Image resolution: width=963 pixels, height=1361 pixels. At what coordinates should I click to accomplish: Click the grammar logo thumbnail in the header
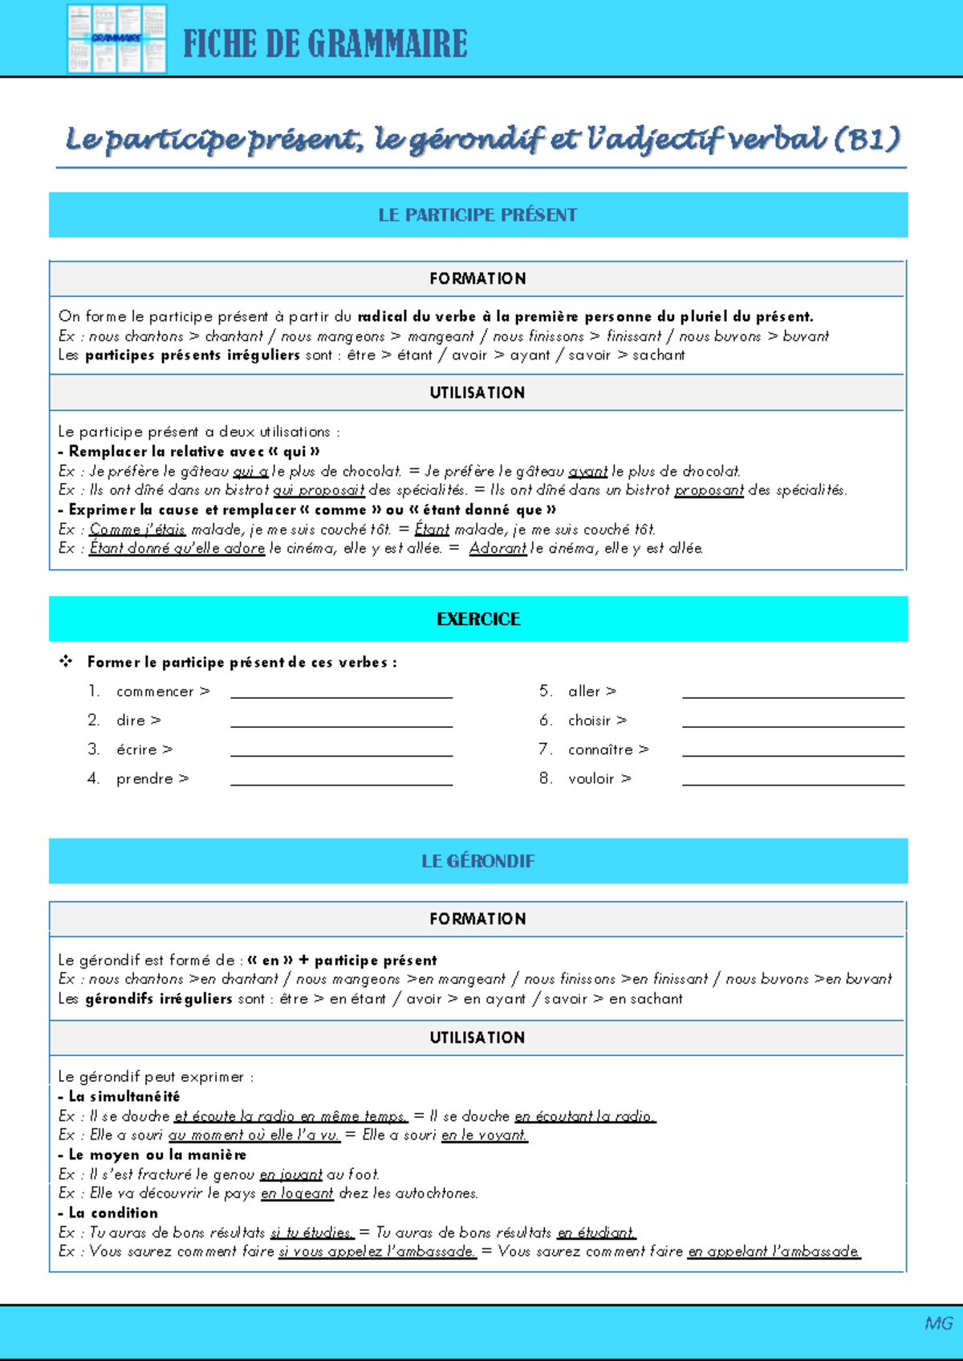117,39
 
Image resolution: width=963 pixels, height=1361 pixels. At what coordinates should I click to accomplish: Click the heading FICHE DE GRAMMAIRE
325,44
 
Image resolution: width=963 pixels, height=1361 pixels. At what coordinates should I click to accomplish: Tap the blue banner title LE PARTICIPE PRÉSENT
477,215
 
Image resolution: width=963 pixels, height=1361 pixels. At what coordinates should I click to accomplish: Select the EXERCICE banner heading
478,619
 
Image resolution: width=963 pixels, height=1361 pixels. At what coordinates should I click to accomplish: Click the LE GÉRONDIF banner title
477,861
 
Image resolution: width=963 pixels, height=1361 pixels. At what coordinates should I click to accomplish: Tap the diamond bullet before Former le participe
66,661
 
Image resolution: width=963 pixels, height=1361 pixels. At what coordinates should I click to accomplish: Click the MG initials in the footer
938,1323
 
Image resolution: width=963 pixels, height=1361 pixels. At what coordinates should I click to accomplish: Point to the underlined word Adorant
498,548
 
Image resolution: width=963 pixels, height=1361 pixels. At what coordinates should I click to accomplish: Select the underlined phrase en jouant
291,1175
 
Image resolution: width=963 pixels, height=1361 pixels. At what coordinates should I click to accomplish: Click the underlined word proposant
709,490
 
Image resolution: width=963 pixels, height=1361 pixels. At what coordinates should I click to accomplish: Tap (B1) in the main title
867,140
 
